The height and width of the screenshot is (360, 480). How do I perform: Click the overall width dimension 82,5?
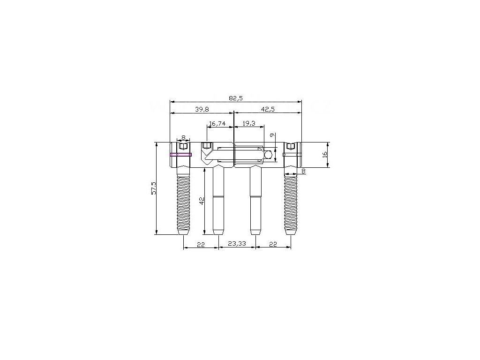click(236, 98)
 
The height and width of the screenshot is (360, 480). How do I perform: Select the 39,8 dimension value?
click(202, 109)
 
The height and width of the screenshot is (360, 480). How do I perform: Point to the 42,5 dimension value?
click(268, 109)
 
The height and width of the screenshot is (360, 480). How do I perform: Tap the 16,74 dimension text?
click(217, 124)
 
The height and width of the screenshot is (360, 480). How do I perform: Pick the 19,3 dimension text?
click(249, 124)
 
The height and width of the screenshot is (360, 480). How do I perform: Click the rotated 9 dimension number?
click(272, 135)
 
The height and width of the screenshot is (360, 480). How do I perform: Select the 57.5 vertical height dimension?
click(154, 188)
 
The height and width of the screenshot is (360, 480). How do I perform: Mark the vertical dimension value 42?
click(201, 201)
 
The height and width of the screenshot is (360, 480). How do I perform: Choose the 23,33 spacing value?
click(237, 244)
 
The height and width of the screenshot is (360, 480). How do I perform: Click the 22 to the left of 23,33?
click(201, 244)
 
